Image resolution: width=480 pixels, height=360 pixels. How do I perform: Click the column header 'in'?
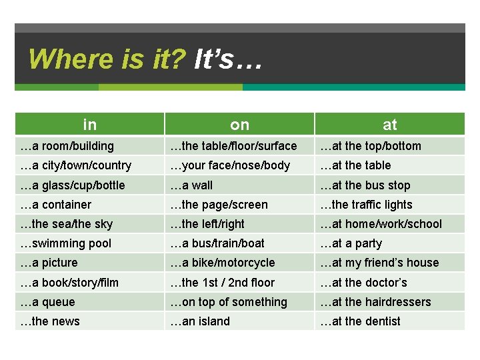click(90, 125)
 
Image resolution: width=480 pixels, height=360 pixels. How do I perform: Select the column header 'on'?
click(239, 125)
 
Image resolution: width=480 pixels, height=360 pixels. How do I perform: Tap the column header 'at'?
click(389, 125)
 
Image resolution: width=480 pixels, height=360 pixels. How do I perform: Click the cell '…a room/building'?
click(67, 146)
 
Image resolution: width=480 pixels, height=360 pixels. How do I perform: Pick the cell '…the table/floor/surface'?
click(233, 146)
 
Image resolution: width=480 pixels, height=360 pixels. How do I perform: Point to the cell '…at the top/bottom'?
click(371, 146)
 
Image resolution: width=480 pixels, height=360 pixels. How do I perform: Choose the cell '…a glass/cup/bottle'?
click(73, 185)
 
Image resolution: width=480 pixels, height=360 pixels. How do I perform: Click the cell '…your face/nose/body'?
click(230, 165)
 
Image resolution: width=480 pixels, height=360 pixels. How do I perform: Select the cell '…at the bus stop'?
click(365, 185)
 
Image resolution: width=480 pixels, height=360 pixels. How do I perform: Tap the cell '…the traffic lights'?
click(366, 205)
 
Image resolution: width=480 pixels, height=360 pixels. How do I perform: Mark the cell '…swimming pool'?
click(66, 243)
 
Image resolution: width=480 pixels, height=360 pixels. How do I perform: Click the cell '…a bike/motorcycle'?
click(223, 263)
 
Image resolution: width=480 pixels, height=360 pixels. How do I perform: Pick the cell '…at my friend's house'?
click(379, 263)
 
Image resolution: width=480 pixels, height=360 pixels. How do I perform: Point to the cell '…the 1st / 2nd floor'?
click(223, 283)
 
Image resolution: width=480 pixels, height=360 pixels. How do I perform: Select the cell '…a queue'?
click(48, 302)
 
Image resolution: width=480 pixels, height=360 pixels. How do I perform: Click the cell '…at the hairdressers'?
click(375, 302)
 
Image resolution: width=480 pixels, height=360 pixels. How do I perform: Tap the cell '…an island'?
click(200, 321)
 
